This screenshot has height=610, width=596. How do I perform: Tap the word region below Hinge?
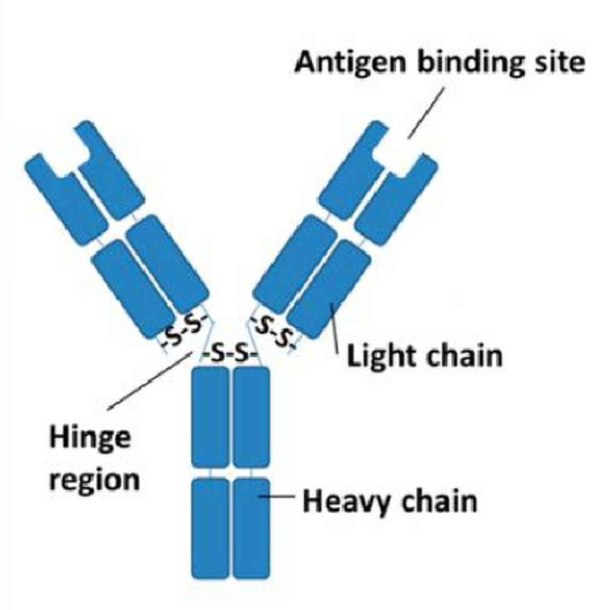(93, 480)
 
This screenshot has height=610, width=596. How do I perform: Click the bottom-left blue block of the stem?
(210, 527)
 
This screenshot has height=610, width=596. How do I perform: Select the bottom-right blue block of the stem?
(251, 527)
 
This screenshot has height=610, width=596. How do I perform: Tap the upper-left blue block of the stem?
(210, 416)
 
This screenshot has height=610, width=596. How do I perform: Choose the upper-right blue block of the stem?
(251, 416)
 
